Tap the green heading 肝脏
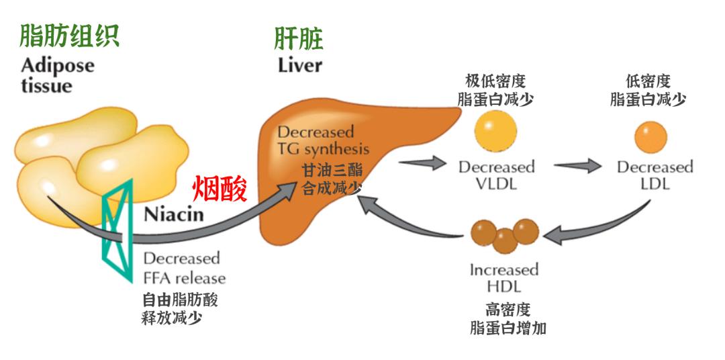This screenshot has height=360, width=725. coord(299,38)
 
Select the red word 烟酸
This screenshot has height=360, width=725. coord(220,189)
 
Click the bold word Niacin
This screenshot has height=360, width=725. coord(174,216)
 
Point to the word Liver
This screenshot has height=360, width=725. coord(299,66)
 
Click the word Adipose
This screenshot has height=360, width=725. coord(57,66)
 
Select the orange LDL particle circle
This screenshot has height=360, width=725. coord(650,136)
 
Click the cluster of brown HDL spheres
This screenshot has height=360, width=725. coord(504,233)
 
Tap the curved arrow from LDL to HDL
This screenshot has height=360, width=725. coord(604,228)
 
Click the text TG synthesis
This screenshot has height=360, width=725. coord(324,149)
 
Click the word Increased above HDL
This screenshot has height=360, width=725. coord(504,270)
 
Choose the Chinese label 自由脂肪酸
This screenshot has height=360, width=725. coord(180,300)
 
